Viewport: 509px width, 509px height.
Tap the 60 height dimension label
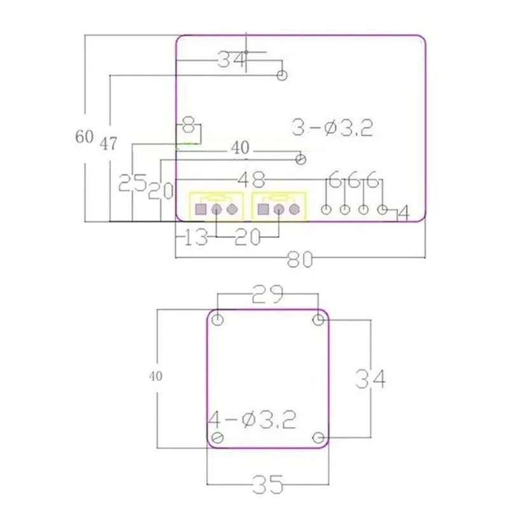click(84, 137)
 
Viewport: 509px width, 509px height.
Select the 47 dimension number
click(108, 144)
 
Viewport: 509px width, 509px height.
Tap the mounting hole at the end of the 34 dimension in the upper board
click(282, 76)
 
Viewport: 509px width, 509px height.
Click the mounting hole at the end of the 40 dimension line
click(302, 158)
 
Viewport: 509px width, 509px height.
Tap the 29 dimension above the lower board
click(268, 294)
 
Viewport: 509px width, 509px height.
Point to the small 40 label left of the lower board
click(156, 376)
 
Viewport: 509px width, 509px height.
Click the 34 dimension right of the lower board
click(370, 379)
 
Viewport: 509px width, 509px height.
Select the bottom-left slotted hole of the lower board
click(218, 437)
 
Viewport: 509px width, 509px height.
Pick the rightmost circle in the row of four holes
click(383, 209)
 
